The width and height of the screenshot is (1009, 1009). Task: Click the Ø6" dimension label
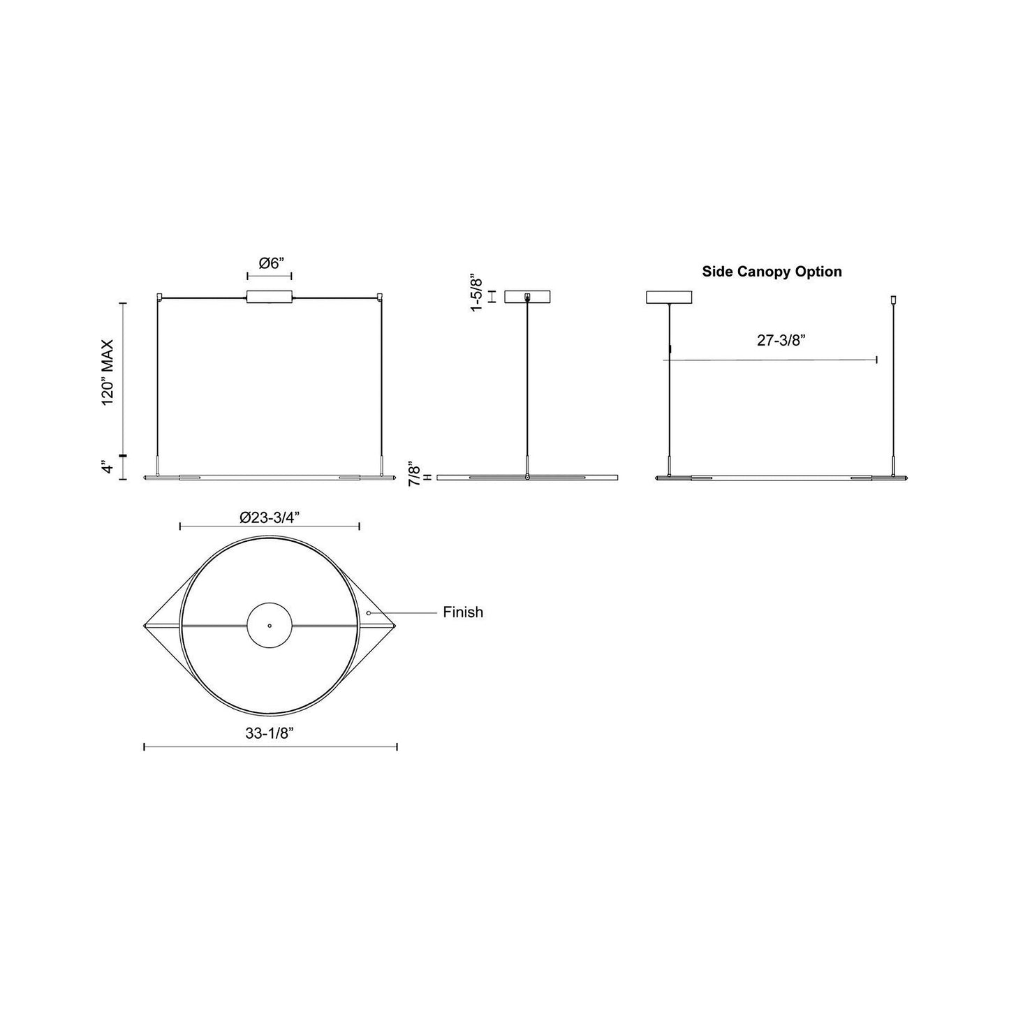click(x=270, y=263)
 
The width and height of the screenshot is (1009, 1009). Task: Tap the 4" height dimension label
click(x=106, y=467)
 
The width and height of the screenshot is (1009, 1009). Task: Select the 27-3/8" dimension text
click(x=781, y=340)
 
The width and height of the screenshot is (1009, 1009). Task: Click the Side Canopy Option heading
click(x=772, y=272)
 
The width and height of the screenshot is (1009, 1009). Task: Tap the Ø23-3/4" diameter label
click(x=270, y=517)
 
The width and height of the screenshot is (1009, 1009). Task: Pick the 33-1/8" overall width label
click(x=270, y=733)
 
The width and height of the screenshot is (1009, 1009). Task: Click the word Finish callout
click(x=463, y=612)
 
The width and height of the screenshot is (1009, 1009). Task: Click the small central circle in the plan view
click(x=270, y=626)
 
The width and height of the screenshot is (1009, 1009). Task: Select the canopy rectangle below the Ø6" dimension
click(x=270, y=297)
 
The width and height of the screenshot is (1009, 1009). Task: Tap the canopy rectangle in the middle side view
click(x=527, y=297)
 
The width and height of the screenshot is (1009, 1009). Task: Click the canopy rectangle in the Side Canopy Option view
click(x=670, y=297)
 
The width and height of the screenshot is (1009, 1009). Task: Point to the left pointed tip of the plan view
click(x=145, y=626)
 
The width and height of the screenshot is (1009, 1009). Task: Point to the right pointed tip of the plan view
click(x=395, y=626)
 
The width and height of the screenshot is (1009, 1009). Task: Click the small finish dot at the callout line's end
click(x=368, y=612)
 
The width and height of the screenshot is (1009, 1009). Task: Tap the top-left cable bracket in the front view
click(x=160, y=297)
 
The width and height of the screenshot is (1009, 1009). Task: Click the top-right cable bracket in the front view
click(x=381, y=297)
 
